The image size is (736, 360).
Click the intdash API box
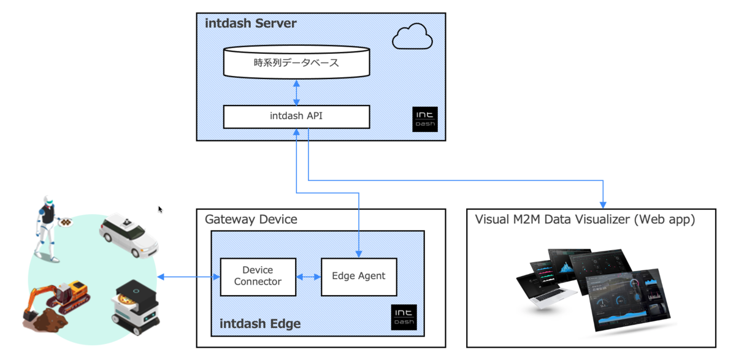pyautogui.click(x=296, y=117)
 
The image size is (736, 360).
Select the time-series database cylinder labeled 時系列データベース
pyautogui.click(x=296, y=63)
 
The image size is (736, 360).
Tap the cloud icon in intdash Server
pyautogui.click(x=412, y=36)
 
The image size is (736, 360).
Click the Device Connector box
pyautogui.click(x=258, y=276)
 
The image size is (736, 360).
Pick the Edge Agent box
pyautogui.click(x=359, y=276)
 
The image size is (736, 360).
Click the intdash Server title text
pyautogui.click(x=251, y=24)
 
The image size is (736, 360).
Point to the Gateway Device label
pyautogui.click(x=251, y=219)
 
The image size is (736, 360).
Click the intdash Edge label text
pyautogui.click(x=261, y=323)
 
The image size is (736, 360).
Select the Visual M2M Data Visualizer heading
pyautogui.click(x=585, y=219)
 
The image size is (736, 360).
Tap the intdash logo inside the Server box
pyautogui.click(x=425, y=118)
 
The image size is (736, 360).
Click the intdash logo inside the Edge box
pyautogui.click(x=404, y=317)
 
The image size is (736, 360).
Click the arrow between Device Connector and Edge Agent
pyautogui.click(x=309, y=277)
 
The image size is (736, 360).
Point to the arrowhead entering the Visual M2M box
pyautogui.click(x=604, y=203)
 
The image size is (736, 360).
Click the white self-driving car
pyautogui.click(x=129, y=234)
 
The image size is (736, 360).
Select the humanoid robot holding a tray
pyautogui.click(x=49, y=227)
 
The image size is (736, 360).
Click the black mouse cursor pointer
pyautogui.click(x=161, y=209)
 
